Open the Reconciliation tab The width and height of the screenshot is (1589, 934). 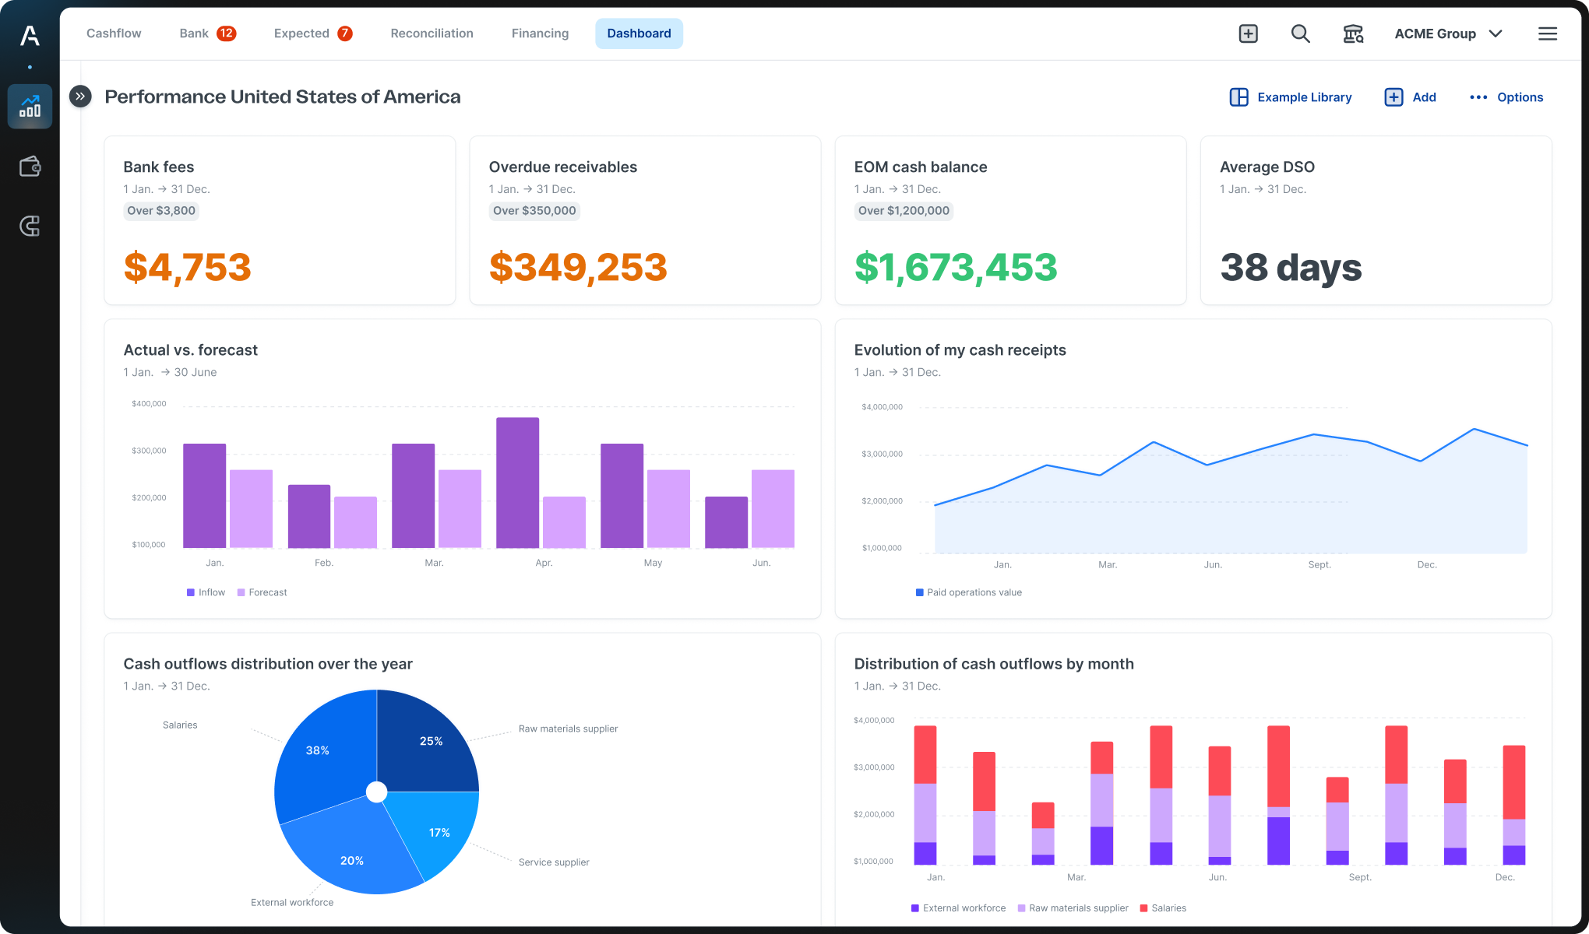[x=432, y=33]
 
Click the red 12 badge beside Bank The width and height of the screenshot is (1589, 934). [x=226, y=33]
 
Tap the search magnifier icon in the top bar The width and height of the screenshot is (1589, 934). [x=1300, y=33]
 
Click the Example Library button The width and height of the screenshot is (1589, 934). [x=1291, y=97]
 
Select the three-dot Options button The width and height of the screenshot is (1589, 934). [x=1506, y=97]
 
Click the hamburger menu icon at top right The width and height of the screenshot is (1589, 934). [x=1547, y=33]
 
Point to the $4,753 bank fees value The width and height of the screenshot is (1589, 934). [x=187, y=267]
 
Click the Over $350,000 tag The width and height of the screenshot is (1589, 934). [x=534, y=211]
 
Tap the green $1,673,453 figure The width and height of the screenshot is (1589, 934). [x=956, y=267]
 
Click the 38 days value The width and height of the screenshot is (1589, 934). [x=1291, y=267]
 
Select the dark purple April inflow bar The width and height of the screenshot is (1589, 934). [x=517, y=483]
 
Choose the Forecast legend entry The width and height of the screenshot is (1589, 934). [x=262, y=592]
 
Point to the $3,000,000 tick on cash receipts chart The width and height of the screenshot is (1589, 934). [x=882, y=455]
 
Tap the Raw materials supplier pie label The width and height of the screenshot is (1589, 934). [x=568, y=729]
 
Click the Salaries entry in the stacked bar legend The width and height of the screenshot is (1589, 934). [x=1163, y=908]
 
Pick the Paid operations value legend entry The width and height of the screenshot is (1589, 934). [x=969, y=592]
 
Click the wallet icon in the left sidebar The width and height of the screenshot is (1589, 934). [x=30, y=167]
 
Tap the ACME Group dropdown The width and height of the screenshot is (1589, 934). [x=1447, y=33]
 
